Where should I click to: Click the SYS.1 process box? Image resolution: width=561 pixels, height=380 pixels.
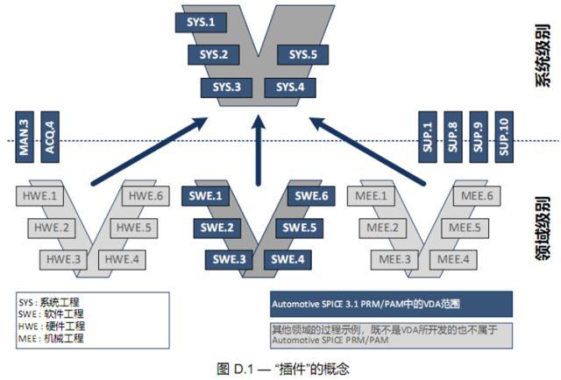click(x=201, y=21)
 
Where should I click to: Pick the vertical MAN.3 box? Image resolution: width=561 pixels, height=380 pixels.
click(x=25, y=136)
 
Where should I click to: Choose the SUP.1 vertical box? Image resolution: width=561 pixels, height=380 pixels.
click(x=429, y=136)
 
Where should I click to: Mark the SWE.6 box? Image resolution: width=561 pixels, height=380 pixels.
click(x=310, y=196)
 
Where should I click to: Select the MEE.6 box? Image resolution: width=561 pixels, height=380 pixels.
click(x=479, y=196)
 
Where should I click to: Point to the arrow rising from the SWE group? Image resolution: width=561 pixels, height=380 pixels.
click(x=259, y=149)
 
